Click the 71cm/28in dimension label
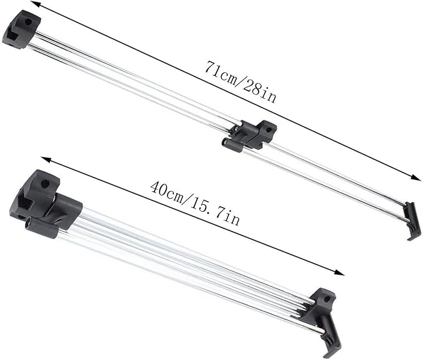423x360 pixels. tap(240, 82)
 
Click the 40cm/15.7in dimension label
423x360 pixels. tap(195, 203)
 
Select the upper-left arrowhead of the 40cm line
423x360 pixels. tap(46, 159)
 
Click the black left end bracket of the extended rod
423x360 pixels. tap(21, 30)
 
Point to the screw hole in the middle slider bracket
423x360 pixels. tap(268, 130)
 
